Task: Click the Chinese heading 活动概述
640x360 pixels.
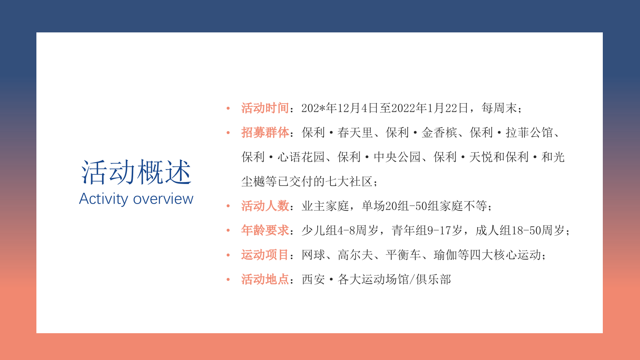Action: pos(136,172)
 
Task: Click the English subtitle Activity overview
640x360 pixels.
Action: pos(136,199)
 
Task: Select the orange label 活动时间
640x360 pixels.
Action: pos(265,108)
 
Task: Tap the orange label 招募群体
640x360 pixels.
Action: pos(265,132)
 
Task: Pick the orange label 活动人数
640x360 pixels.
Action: pos(265,206)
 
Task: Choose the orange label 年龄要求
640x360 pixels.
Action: pos(265,230)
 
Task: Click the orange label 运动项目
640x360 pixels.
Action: pos(265,255)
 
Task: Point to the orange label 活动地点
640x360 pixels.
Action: pos(265,279)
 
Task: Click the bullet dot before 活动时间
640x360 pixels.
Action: pos(228,108)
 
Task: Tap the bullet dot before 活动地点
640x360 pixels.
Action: pos(228,280)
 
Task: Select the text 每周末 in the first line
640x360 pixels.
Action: pos(499,108)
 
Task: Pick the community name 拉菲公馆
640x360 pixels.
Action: pos(529,132)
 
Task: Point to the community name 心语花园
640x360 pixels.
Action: pos(301,157)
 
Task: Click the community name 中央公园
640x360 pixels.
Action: pos(397,157)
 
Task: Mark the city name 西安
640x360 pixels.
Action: pos(313,279)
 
